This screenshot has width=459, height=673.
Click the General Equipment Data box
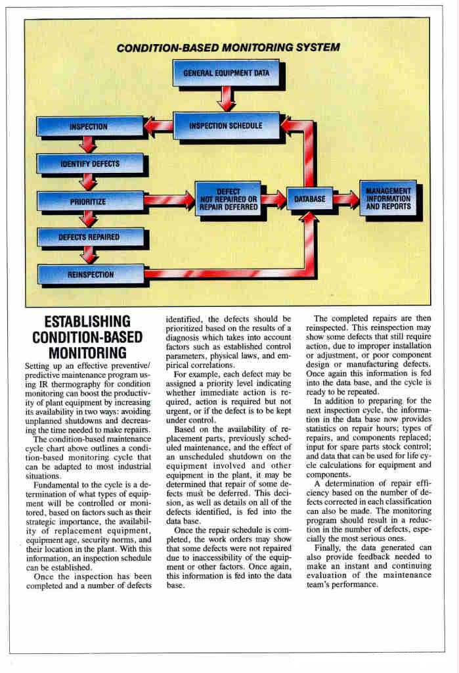pyautogui.click(x=225, y=73)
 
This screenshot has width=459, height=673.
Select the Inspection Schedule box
pyautogui.click(x=225, y=125)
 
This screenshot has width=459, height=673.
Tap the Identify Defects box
pyautogui.click(x=90, y=164)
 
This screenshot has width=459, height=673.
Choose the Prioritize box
pyautogui.click(x=89, y=201)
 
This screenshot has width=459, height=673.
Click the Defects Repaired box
pyautogui.click(x=89, y=237)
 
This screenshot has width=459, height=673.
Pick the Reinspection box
pyautogui.click(x=90, y=274)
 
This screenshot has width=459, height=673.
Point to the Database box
pyautogui.click(x=309, y=198)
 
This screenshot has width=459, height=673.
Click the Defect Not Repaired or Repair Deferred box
pyautogui.click(x=227, y=198)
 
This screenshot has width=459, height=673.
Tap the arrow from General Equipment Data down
pyautogui.click(x=226, y=99)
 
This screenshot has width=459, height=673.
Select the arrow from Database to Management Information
pyautogui.click(x=344, y=198)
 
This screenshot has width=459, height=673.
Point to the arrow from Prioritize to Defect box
pyautogui.click(x=169, y=200)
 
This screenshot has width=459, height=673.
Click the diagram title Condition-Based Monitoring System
pyautogui.click(x=228, y=48)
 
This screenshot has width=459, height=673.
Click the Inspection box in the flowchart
pyautogui.click(x=89, y=126)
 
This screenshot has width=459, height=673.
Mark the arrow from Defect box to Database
pyautogui.click(x=274, y=199)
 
